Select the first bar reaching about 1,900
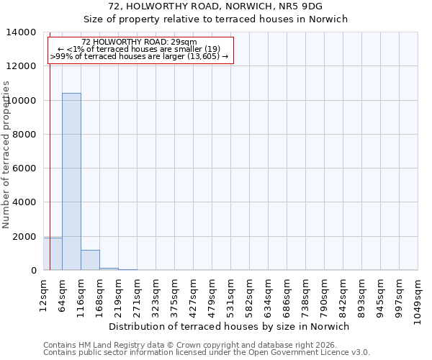click(x=53, y=253)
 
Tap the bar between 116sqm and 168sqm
click(x=90, y=260)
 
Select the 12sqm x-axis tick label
click(x=43, y=293)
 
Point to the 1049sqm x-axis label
click(x=418, y=297)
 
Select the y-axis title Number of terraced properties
click(x=6, y=154)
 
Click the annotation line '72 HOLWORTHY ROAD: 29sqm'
click(x=139, y=42)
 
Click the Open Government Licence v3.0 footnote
click(x=207, y=352)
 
